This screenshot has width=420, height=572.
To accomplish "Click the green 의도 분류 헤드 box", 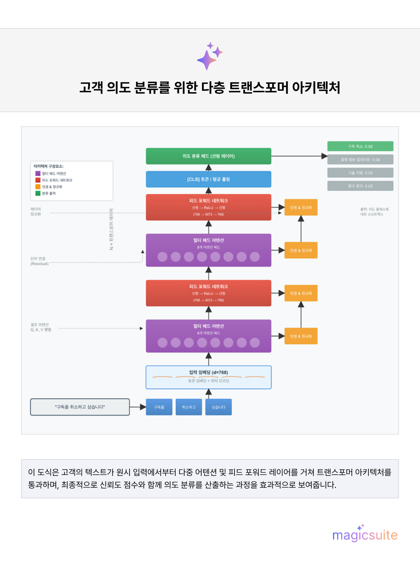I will point(208,156).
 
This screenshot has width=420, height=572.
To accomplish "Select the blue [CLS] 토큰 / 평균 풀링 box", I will point(208,179).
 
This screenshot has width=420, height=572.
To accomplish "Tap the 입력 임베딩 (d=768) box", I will point(208,377).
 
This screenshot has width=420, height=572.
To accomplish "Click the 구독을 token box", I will point(159,407).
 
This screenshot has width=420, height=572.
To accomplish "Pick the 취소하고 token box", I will point(189,407).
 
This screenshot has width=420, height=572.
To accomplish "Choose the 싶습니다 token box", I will point(218,407).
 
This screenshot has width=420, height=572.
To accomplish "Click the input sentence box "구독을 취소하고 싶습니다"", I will point(80,407).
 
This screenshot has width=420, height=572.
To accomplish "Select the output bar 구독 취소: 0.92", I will point(360,147).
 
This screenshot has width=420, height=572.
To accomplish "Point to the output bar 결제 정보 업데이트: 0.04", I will point(360,159).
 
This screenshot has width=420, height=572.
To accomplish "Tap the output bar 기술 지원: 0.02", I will point(360,173).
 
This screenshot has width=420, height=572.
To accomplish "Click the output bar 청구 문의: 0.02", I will point(360,186).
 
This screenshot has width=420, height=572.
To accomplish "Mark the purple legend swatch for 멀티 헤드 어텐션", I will point(38,173).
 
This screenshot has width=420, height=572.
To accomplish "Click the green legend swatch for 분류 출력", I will point(38,193).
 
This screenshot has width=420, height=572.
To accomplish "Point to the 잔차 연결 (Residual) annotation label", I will point(39,261).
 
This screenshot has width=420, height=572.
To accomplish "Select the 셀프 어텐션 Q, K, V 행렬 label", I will point(41,327).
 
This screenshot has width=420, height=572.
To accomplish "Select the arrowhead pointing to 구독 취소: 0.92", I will point(324,156).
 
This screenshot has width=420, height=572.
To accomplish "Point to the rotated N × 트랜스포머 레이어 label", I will point(111,230).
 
